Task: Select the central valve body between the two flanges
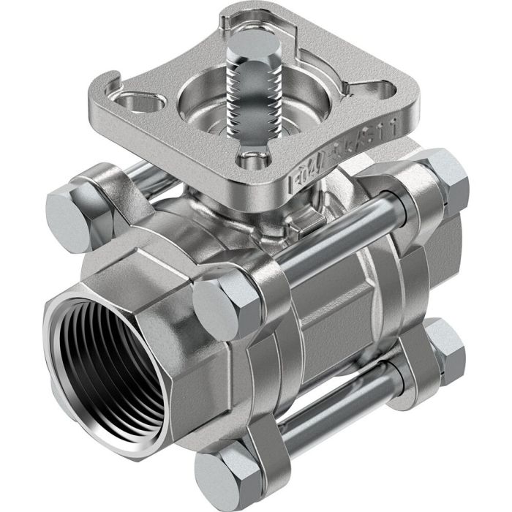coord(329,315)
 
